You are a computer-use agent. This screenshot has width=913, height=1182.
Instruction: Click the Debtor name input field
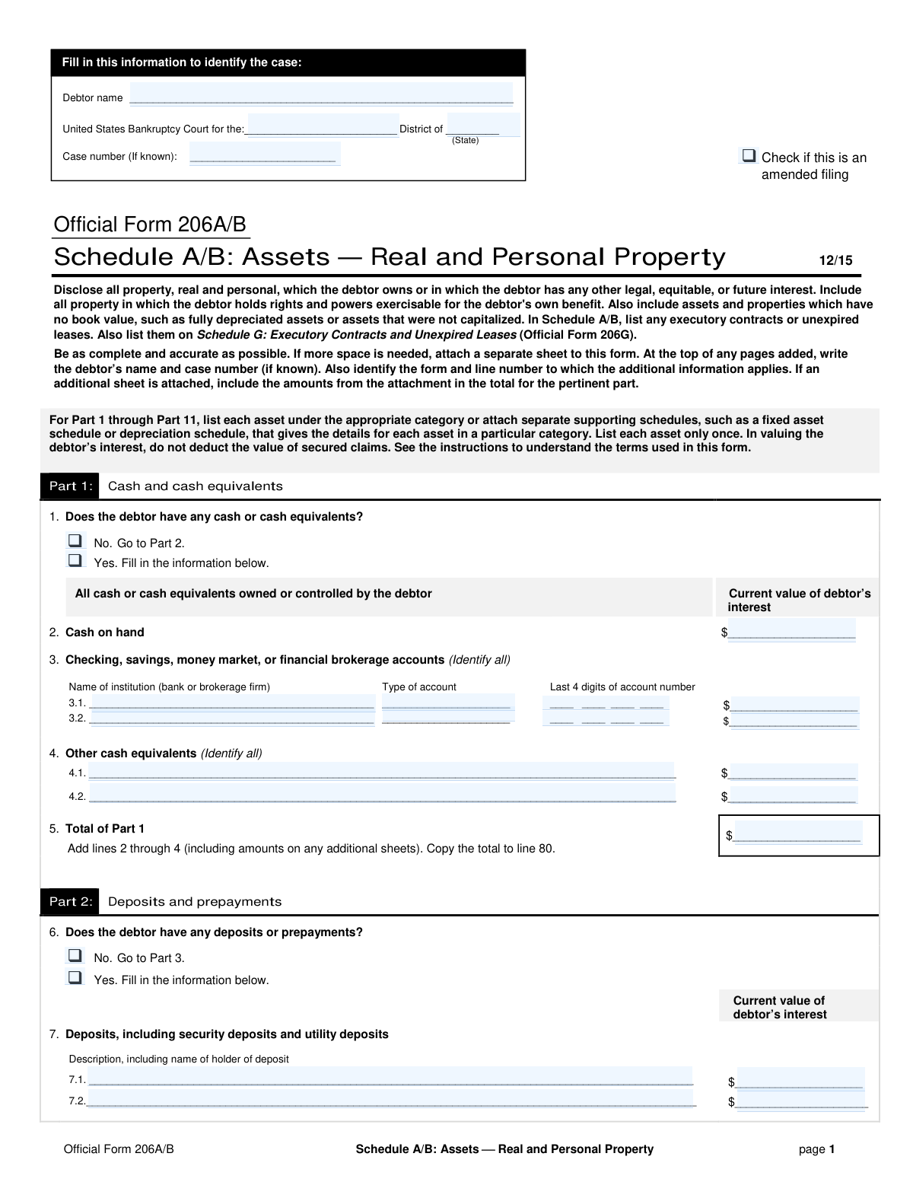(x=321, y=94)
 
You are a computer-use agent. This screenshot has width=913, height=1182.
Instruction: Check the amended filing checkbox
(x=749, y=156)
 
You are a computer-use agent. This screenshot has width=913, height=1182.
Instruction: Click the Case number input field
(x=264, y=155)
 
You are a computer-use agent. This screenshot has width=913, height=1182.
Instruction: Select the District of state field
(x=482, y=126)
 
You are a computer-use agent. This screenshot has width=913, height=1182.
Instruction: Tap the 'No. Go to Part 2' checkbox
(x=75, y=541)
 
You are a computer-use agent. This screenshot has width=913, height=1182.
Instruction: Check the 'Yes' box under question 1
(x=75, y=561)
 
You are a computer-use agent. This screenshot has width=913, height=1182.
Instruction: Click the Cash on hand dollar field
(x=791, y=632)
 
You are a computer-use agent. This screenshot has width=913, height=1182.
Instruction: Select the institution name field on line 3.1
(x=232, y=703)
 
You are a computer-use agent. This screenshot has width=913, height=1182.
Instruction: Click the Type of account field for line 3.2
(x=447, y=718)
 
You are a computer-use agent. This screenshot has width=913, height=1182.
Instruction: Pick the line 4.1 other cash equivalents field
(x=382, y=772)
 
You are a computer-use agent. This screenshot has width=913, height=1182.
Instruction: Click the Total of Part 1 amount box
(x=798, y=835)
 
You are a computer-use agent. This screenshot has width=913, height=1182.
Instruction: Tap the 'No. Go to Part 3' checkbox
(x=75, y=956)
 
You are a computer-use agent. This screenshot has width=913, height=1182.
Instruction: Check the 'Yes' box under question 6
(x=75, y=978)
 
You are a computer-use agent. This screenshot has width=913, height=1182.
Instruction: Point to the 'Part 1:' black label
(x=70, y=486)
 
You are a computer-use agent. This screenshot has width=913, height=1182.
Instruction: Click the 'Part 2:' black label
(x=70, y=902)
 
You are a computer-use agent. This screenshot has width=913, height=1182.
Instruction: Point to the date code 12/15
(x=835, y=260)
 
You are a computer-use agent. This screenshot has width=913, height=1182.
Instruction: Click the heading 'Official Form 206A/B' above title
(x=150, y=225)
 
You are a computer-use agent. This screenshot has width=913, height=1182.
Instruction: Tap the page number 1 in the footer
(x=832, y=1149)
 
